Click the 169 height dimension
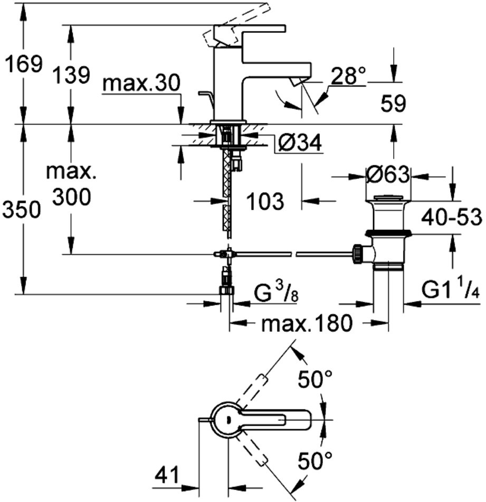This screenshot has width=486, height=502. coord(22,64)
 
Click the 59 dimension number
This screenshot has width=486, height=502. coord(393,104)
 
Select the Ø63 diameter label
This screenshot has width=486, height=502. coord(388,174)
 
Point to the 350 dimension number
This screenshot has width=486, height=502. coord(21,210)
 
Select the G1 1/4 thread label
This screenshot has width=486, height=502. coord(450,292)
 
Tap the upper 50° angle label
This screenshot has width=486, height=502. coord(315,379)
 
